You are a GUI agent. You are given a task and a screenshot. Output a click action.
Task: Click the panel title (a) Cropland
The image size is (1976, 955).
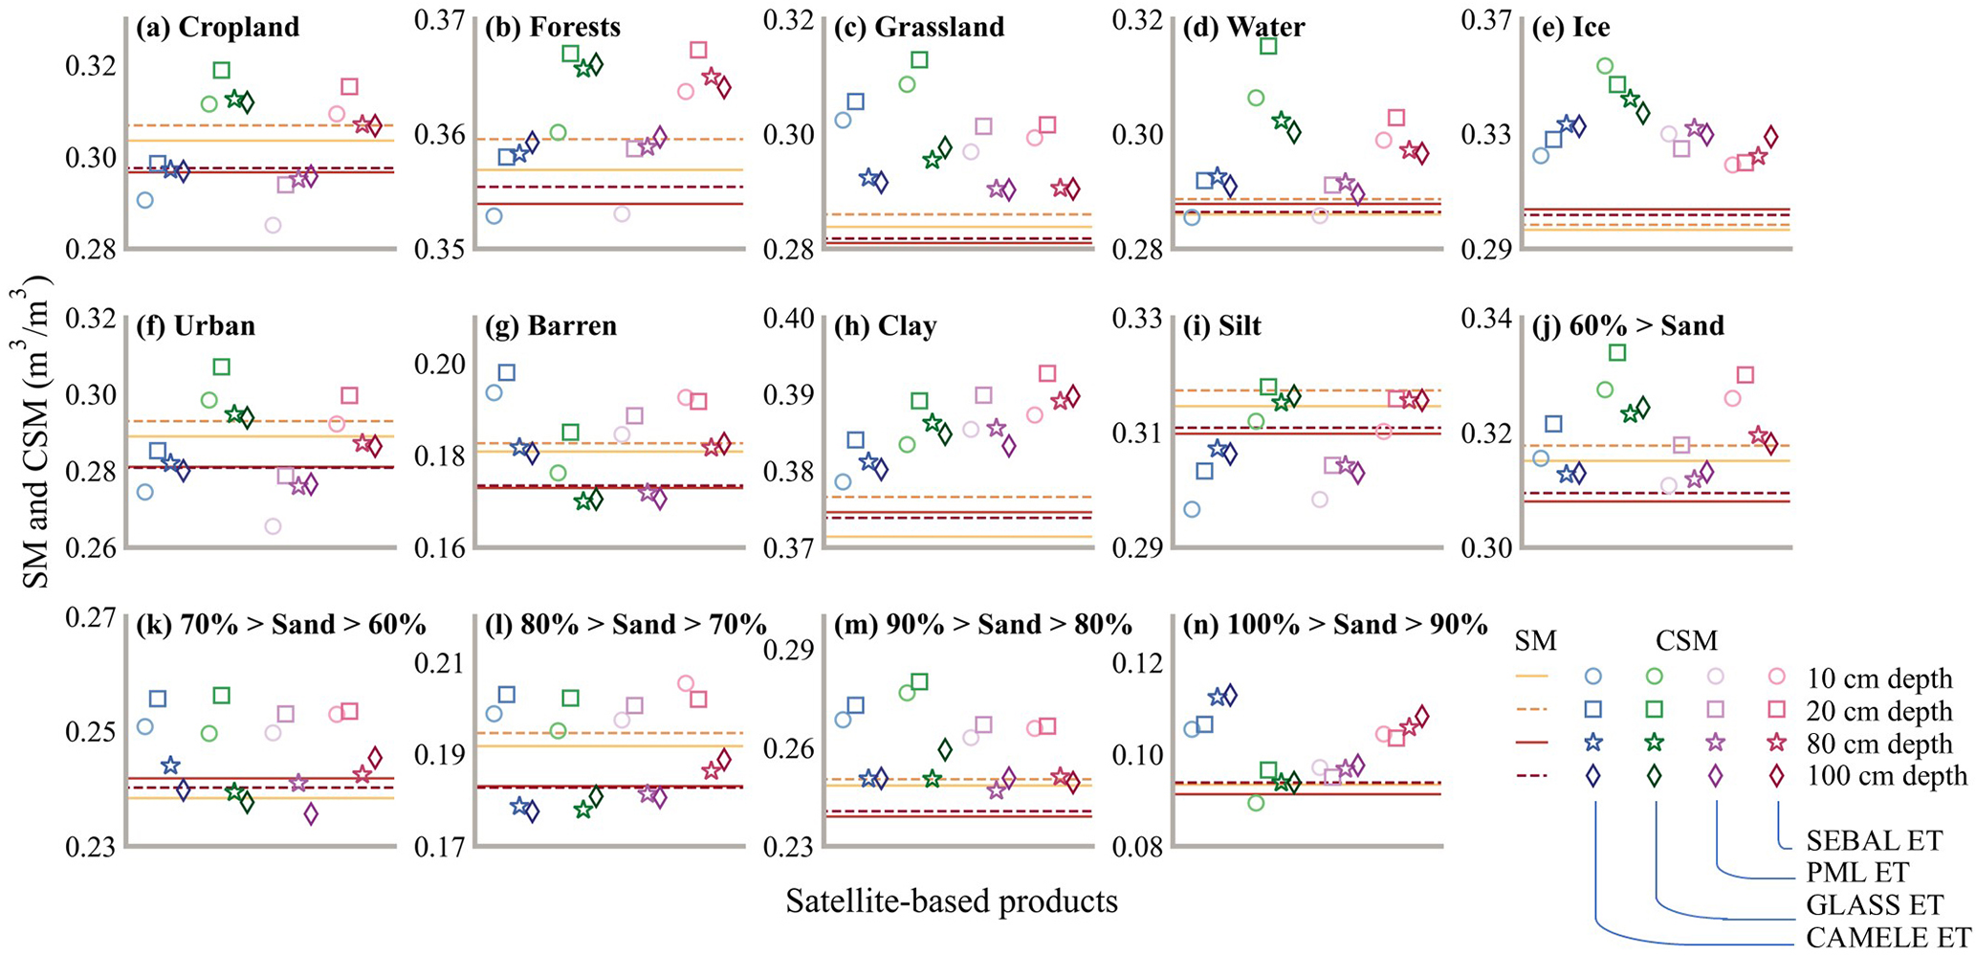[x=217, y=27]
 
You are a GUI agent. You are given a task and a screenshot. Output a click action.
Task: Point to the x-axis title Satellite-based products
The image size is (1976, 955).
[x=952, y=900]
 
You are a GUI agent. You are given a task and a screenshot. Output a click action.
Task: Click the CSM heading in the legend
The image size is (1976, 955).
[x=1686, y=641]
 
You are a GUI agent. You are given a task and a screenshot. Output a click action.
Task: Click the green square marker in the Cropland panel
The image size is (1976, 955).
[x=222, y=70]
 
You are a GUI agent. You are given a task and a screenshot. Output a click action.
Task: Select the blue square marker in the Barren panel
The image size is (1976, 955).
[x=507, y=372]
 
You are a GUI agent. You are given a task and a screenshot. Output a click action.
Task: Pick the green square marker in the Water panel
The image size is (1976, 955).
[x=1269, y=45]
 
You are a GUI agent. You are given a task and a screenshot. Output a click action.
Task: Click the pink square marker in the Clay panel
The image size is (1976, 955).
[x=1047, y=373]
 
